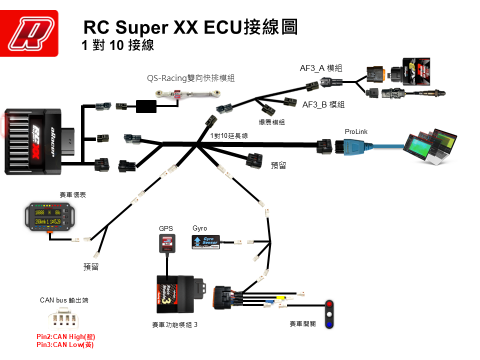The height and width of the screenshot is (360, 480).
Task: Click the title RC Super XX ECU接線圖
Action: pos(190,26)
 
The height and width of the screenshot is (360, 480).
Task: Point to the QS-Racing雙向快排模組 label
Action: pos(190,78)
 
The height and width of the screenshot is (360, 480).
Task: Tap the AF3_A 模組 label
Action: pos(320,68)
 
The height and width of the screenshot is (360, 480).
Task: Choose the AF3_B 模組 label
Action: pos(323,104)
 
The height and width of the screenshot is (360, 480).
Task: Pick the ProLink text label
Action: pos(356,131)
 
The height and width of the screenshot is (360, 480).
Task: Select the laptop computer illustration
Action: pos(432,147)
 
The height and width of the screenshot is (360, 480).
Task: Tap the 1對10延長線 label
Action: pos(229,136)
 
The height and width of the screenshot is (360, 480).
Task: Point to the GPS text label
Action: pos(166,228)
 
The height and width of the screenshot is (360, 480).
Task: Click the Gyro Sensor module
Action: pos(205,242)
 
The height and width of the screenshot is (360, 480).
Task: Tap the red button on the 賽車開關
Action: pos(329,304)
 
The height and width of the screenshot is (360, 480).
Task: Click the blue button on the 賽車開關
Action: pos(329,324)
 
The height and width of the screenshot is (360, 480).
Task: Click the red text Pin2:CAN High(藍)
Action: pos(65,337)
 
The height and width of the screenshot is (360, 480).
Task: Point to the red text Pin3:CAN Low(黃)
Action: pos(65,344)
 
